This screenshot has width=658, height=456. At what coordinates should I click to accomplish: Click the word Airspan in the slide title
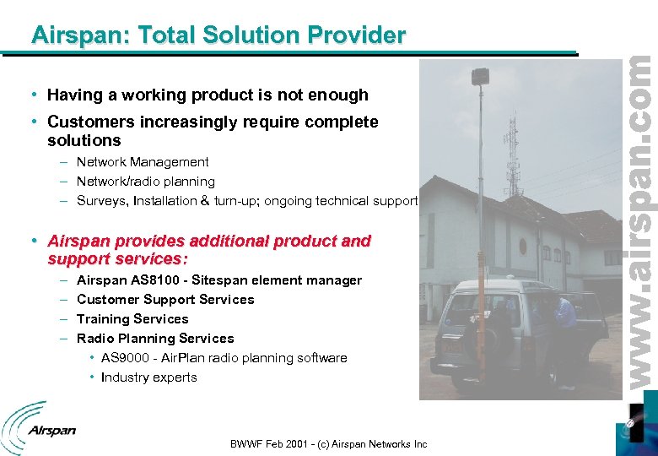point(68,35)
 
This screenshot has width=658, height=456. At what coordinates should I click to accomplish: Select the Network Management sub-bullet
point(143,162)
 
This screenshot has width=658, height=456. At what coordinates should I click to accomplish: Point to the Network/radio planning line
point(145,182)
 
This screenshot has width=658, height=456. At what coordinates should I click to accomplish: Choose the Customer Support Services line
point(164,300)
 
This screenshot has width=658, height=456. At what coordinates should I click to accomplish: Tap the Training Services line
point(132,319)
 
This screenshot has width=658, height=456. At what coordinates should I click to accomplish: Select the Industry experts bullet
point(148,377)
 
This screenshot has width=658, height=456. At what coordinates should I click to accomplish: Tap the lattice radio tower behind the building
point(512,144)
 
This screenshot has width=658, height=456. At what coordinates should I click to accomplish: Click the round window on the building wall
point(522,247)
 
